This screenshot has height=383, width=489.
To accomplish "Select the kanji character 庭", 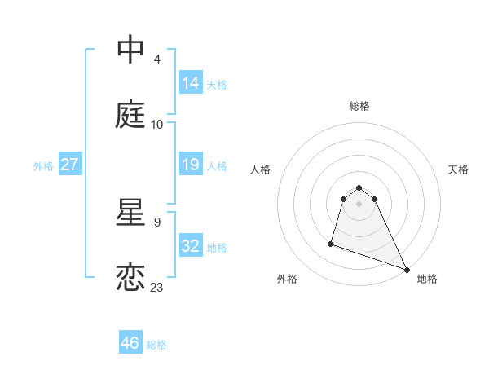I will (x=130, y=115).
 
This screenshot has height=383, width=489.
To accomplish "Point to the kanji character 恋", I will (x=130, y=278).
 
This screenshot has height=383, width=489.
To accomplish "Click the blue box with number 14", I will (x=191, y=82).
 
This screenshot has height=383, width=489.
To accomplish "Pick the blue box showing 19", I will (x=191, y=165).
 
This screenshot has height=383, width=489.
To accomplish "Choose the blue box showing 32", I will (x=191, y=246).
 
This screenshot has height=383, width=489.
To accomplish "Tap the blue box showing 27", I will (x=70, y=165).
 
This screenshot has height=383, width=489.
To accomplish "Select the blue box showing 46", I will (x=130, y=342).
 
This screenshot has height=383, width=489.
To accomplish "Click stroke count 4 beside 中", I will (x=156, y=59).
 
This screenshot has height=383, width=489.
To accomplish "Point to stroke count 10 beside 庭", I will (x=157, y=125).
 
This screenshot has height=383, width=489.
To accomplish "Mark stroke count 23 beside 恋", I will (x=157, y=288).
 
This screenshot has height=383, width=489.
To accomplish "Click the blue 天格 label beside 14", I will (x=217, y=84).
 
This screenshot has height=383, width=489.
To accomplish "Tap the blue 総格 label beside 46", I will (x=156, y=345).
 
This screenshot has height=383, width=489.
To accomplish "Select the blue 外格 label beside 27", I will (x=43, y=166).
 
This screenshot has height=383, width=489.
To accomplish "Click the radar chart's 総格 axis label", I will (x=359, y=106).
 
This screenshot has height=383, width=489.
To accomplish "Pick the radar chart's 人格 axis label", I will (x=261, y=169).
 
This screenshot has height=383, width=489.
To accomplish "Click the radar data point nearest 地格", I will (x=407, y=269).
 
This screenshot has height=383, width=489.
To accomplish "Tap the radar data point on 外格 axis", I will (x=331, y=243).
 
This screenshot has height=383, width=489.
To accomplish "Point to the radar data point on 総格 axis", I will (x=359, y=188).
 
